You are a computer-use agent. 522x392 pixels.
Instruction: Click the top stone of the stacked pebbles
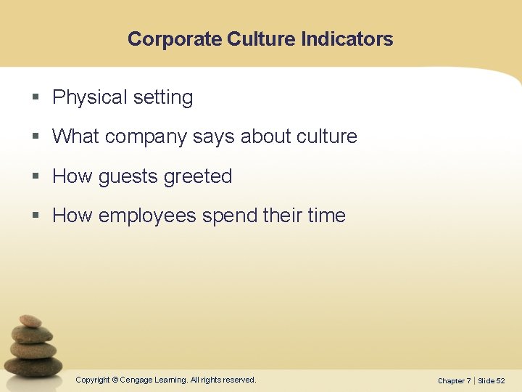click(x=30, y=321)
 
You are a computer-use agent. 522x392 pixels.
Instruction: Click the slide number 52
click(x=500, y=380)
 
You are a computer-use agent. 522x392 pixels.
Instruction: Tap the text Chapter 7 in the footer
click(x=454, y=380)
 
